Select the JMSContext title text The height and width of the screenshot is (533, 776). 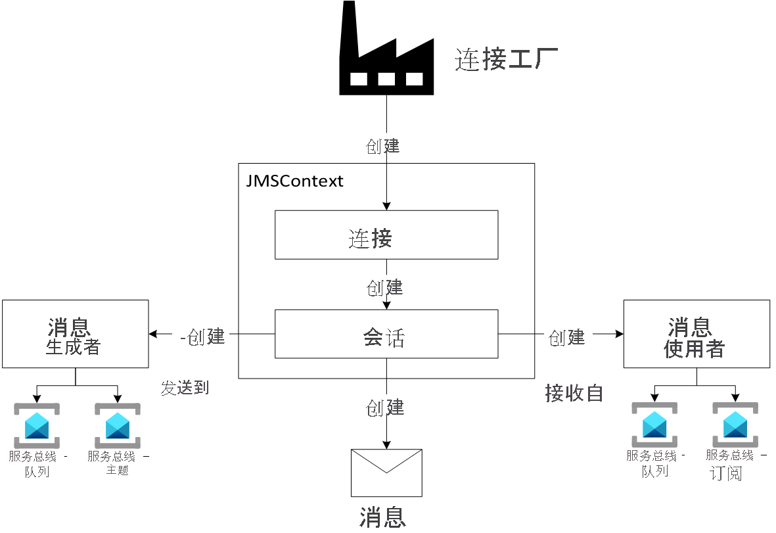[294, 181]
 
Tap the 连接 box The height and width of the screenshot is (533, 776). [386, 235]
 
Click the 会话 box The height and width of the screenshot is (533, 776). [386, 335]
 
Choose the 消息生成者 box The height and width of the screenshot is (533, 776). [76, 334]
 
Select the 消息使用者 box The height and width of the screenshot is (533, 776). [696, 334]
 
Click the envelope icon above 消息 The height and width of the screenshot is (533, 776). [386, 473]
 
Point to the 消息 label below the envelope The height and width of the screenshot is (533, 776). [382, 517]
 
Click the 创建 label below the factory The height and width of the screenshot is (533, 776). [383, 146]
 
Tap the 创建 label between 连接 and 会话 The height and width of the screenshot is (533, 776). [384, 287]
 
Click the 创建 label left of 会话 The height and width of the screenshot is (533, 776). [204, 336]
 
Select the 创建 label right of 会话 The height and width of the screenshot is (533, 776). [566, 337]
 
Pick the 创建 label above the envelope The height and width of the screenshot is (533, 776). [384, 407]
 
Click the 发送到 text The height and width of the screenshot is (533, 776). [185, 388]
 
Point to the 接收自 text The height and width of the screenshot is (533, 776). [574, 393]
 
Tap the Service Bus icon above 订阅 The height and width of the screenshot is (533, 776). [735, 425]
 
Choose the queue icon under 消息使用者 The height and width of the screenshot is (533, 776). [654, 425]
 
